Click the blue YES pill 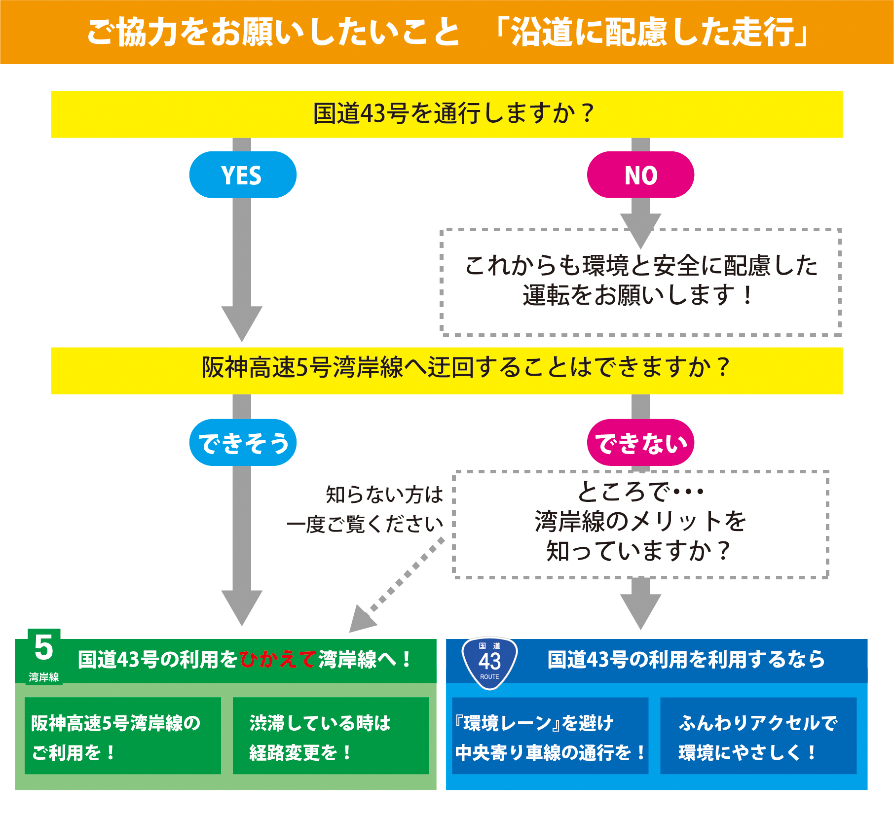[x=242, y=175]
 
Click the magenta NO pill [x=640, y=175]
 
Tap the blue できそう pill [x=242, y=443]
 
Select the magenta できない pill [x=640, y=443]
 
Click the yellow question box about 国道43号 [x=447, y=114]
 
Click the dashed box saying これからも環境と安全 [x=640, y=281]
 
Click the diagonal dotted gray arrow [x=400, y=587]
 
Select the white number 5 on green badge [x=44, y=647]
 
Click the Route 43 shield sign [x=489, y=662]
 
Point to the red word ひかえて [x=277, y=660]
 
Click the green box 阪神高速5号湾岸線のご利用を [x=122, y=736]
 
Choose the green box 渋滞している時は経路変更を [x=331, y=736]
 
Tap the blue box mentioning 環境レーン [x=550, y=736]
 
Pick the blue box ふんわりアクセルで [x=758, y=736]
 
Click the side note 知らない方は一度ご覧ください [x=365, y=509]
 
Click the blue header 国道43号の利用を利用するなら [x=686, y=660]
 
